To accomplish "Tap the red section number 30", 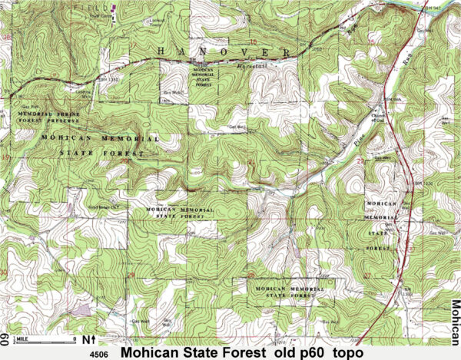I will [7, 272].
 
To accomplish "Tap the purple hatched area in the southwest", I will [81, 310].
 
